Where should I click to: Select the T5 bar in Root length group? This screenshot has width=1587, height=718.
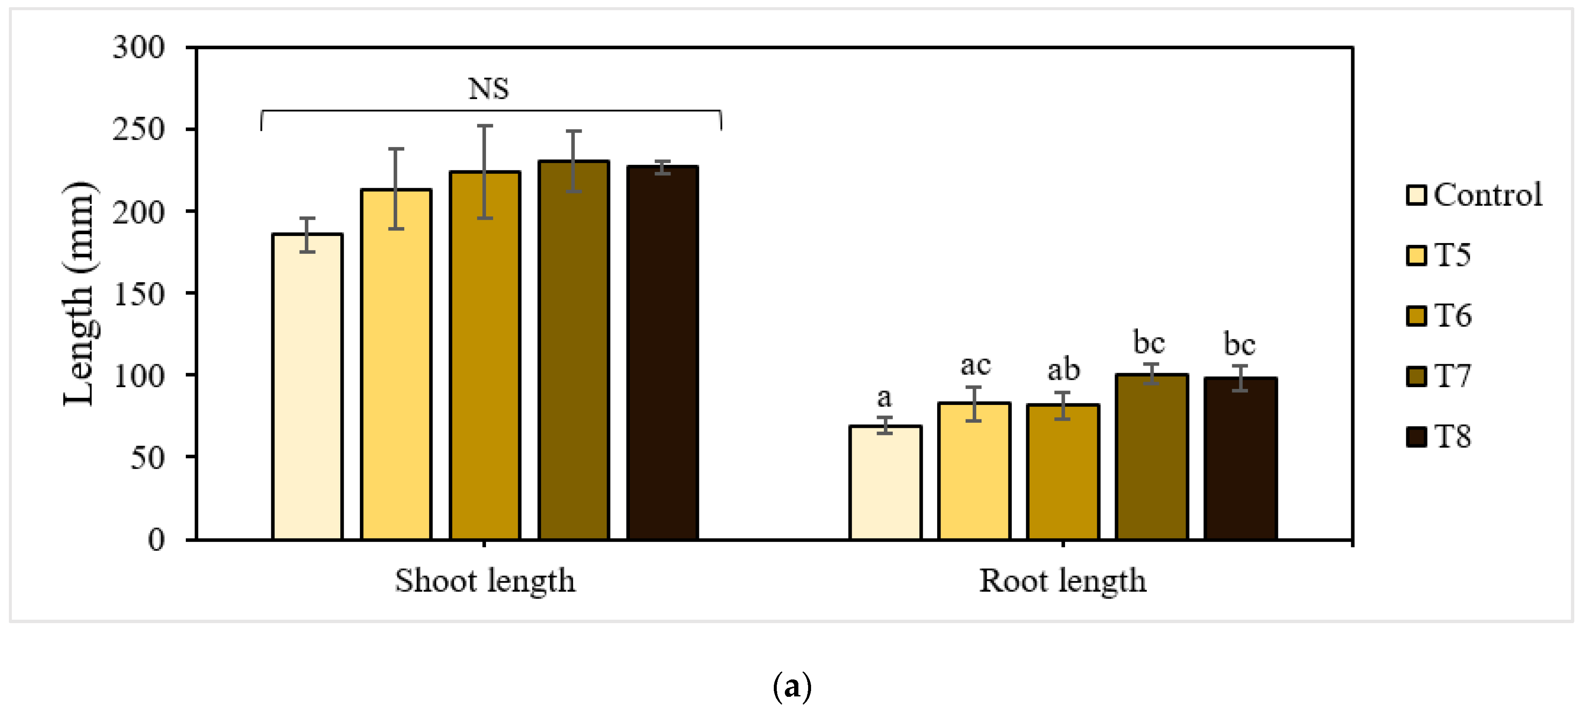coord(974,471)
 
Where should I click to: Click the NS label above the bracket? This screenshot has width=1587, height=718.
coord(489,89)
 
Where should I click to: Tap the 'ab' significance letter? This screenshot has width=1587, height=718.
coord(1063,370)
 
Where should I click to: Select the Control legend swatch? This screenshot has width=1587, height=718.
coord(1416,195)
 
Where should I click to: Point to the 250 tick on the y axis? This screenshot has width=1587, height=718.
coord(138,130)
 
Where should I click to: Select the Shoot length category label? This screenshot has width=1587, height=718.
coord(485,581)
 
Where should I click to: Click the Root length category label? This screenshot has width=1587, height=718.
coord(1063,581)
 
